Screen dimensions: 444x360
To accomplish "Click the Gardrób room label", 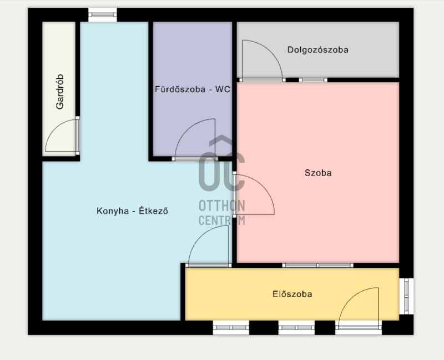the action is pos(60,92).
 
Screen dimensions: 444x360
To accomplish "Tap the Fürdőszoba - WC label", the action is pos(192,89).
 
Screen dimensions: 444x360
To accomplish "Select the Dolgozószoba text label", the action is pos(317,49).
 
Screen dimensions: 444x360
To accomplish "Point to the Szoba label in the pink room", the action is pos(318,173).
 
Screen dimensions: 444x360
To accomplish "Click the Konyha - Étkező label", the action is pos(132,211).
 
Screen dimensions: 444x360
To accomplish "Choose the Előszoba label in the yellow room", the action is pos(292,294).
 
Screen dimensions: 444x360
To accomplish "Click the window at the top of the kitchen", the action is pos(103,15).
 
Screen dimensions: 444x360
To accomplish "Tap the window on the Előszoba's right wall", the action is pos(407,296).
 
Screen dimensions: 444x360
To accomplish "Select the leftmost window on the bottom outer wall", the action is pos(231,328).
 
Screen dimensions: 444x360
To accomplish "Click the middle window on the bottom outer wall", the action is pos(296,328).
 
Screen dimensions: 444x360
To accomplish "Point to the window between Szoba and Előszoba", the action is pos(317,266).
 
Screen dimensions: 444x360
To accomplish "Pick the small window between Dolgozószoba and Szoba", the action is pos(313,80).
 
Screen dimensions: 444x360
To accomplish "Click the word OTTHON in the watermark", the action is pos(221,206).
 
